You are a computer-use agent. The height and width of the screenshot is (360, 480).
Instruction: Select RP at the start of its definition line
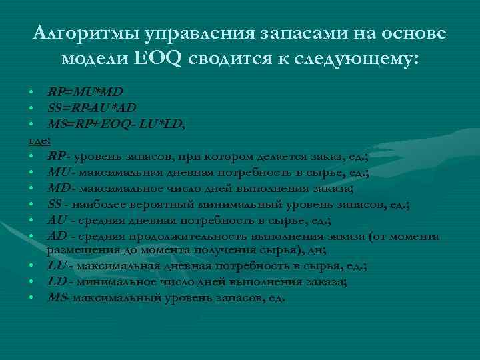[x=56, y=156]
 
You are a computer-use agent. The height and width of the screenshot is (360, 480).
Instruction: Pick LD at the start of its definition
[x=57, y=282]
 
